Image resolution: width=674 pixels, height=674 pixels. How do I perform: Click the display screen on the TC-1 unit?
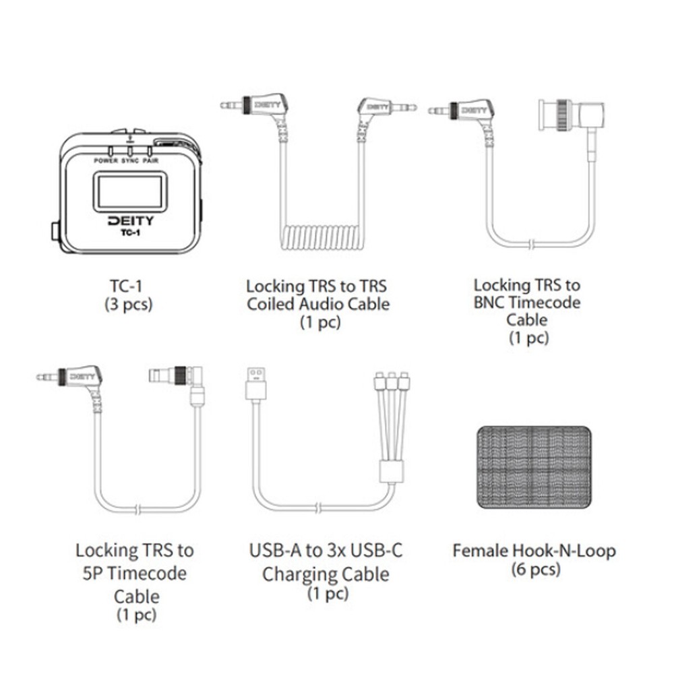point(130,191)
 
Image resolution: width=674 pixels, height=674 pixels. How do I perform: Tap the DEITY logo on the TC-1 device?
point(130,221)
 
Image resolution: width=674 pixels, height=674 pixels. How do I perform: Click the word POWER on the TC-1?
point(106,161)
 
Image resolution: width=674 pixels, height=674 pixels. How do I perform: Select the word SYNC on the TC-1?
point(130,161)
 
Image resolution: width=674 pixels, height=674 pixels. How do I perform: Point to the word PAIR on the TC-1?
point(150,161)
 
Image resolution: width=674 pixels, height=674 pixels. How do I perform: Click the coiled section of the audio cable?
point(322,238)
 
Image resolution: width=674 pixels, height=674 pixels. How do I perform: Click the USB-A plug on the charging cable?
point(256,384)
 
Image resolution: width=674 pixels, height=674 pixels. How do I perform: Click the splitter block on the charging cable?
point(391,472)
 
